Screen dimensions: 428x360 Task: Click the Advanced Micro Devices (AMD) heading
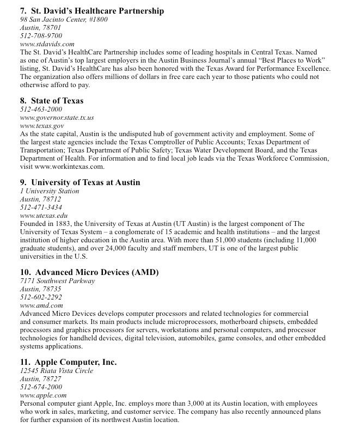[x=89, y=272]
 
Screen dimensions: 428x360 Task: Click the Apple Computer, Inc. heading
[x=69, y=362]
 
